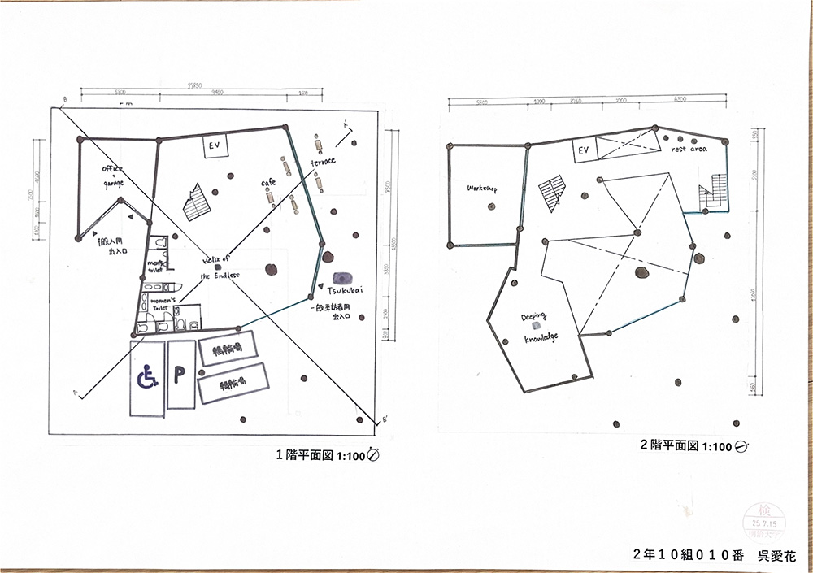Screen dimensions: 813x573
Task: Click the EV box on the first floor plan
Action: [215, 147]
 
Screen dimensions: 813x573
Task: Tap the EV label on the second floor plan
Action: [583, 150]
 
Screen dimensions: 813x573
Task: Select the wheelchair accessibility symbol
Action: [147, 377]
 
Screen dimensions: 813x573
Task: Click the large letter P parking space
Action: [180, 375]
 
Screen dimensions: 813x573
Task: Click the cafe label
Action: [268, 183]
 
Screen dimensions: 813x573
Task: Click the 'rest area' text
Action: [689, 150]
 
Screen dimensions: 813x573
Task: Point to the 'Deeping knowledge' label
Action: [540, 327]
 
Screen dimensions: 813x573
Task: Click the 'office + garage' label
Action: [112, 176]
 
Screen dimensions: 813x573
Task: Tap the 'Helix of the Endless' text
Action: [220, 267]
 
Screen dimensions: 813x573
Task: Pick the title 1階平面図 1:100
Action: [328, 455]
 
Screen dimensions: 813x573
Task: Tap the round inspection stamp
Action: [762, 518]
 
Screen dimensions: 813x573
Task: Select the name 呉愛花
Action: [776, 556]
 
